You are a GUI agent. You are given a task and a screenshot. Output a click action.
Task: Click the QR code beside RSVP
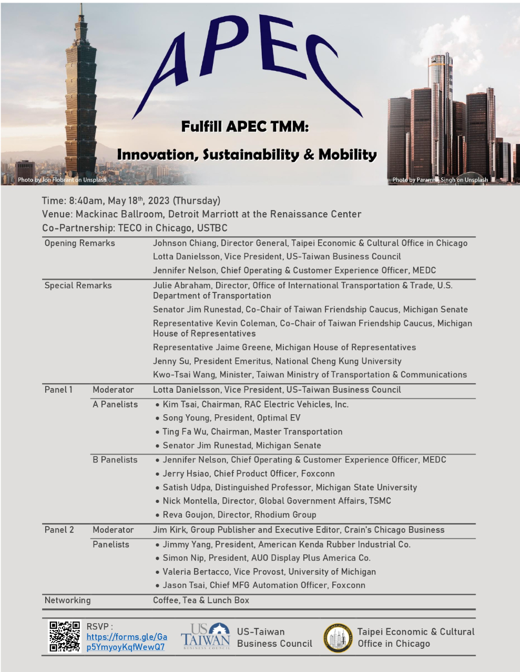point(65,636)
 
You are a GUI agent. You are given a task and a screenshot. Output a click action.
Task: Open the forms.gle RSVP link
point(127,642)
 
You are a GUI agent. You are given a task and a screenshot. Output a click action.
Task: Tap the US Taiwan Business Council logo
point(206,637)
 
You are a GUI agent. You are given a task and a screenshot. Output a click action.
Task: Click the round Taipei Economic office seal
point(338,638)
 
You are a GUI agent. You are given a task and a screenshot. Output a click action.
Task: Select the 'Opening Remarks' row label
point(79,243)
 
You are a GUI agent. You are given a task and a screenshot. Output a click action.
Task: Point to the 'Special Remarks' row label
point(78,286)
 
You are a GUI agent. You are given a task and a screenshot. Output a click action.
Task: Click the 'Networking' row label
point(67,600)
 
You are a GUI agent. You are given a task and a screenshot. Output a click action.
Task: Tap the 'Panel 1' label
point(58,390)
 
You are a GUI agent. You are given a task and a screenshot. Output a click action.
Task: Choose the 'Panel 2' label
point(59,530)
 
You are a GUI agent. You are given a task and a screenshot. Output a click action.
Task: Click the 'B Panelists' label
point(115,459)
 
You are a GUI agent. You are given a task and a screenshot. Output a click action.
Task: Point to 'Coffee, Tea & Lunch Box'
point(201,600)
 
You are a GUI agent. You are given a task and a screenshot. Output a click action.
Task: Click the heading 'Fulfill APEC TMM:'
point(245,127)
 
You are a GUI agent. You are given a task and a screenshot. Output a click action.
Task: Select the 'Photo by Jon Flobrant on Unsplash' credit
point(62,180)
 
